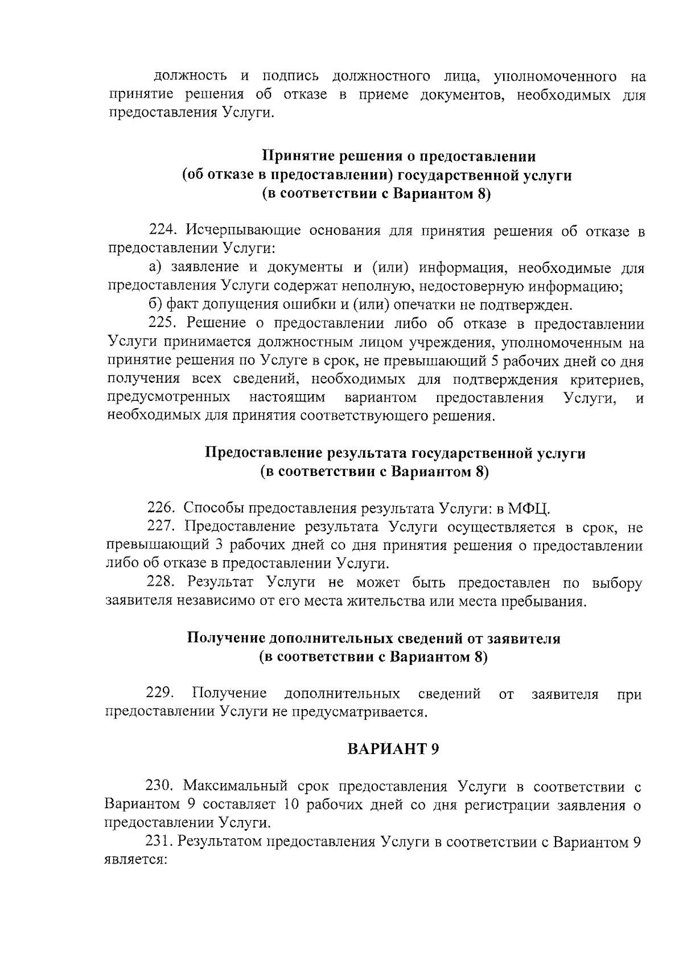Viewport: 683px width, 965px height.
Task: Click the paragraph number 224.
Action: [164, 231]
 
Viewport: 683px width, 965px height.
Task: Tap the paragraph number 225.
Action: [164, 324]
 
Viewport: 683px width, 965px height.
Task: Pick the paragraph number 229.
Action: [160, 693]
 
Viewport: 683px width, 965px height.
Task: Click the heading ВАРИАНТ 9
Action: [393, 749]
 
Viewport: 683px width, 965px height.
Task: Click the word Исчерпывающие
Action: [242, 231]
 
